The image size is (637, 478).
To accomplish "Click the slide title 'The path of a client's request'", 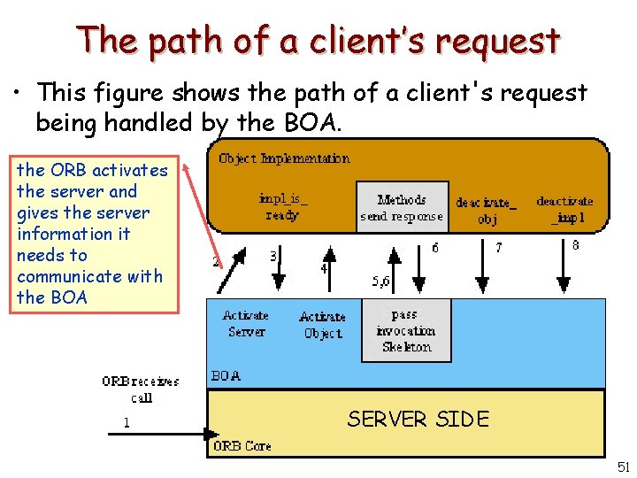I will pyautogui.click(x=318, y=41).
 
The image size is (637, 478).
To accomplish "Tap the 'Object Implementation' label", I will pyautogui.click(x=283, y=158).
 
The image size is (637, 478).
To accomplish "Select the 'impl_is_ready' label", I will pyautogui.click(x=283, y=207).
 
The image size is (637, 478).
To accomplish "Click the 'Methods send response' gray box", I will pyautogui.click(x=402, y=207).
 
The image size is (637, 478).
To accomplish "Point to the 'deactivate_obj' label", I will pyautogui.click(x=487, y=211).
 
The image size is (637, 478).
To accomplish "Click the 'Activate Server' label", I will pyautogui.click(x=246, y=323).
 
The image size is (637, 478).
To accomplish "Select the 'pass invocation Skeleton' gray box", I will pyautogui.click(x=405, y=330).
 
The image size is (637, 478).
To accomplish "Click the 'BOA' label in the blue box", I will pyautogui.click(x=226, y=375).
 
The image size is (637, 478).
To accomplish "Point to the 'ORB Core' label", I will pyautogui.click(x=242, y=446).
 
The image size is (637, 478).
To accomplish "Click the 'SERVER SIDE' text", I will pyautogui.click(x=418, y=419).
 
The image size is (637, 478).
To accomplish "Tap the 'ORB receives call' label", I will pyautogui.click(x=142, y=389).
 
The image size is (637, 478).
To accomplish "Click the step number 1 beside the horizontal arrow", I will pyautogui.click(x=126, y=422).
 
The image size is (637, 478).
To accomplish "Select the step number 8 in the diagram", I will pyautogui.click(x=576, y=246).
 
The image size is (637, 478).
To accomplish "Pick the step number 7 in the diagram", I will pyautogui.click(x=498, y=249).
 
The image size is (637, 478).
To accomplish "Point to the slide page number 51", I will pyautogui.click(x=624, y=466).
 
